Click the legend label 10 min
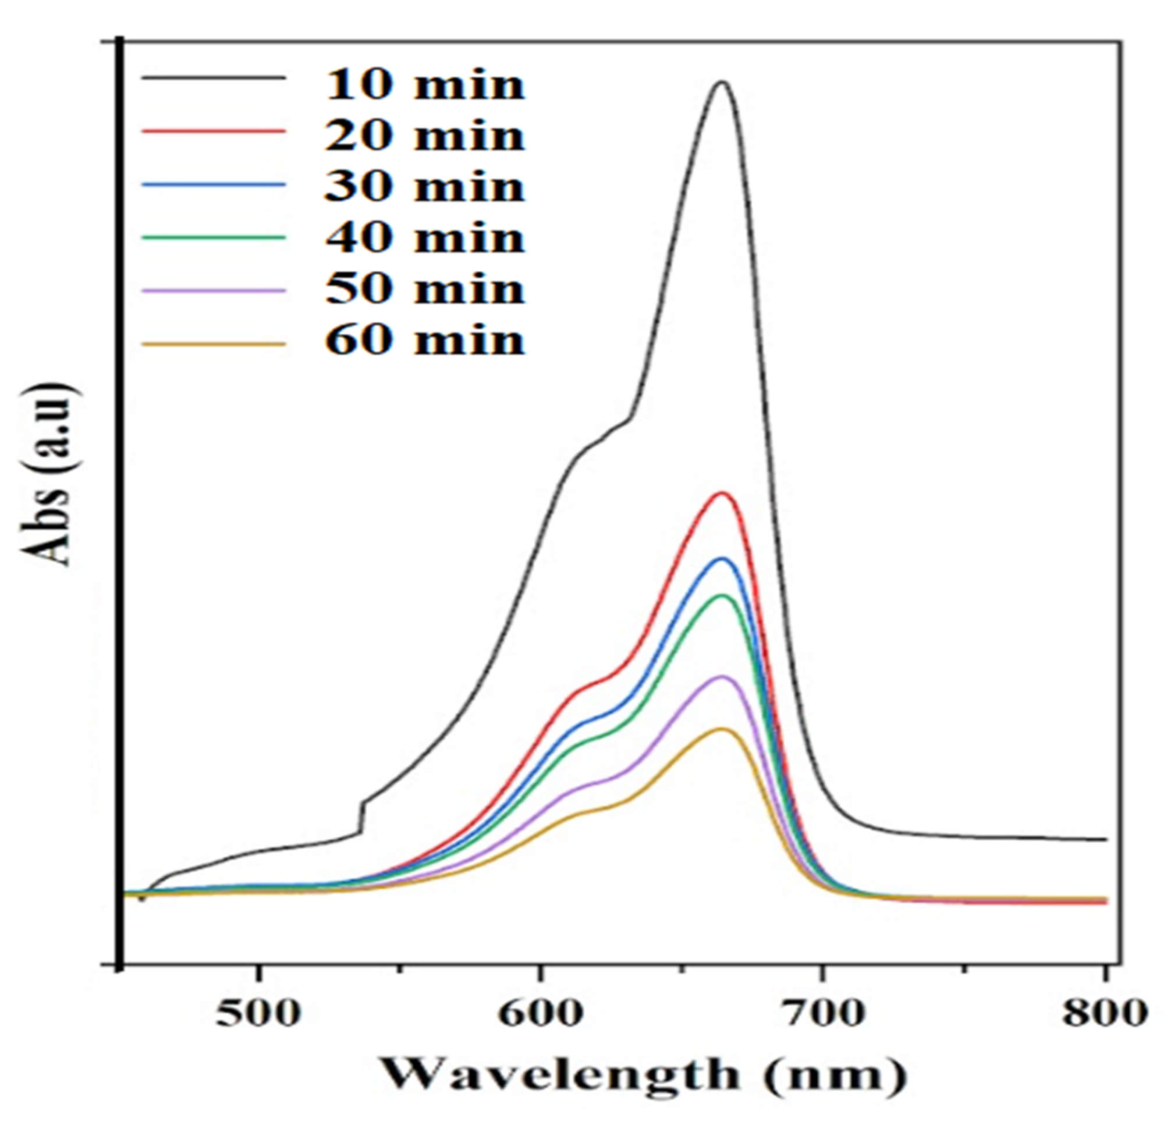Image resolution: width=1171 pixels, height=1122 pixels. click(x=425, y=84)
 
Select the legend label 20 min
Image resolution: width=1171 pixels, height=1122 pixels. click(x=425, y=136)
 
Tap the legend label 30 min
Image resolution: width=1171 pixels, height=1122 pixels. click(x=425, y=186)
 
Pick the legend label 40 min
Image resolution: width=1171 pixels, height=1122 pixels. click(x=425, y=238)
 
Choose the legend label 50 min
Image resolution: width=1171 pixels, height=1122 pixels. click(x=425, y=289)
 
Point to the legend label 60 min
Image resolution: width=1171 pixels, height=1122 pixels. click(x=425, y=341)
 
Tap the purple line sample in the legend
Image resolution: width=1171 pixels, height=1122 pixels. click(x=213, y=291)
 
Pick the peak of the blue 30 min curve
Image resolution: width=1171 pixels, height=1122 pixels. click(x=723, y=559)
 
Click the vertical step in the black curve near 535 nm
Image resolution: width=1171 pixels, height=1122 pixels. click(x=361, y=816)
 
